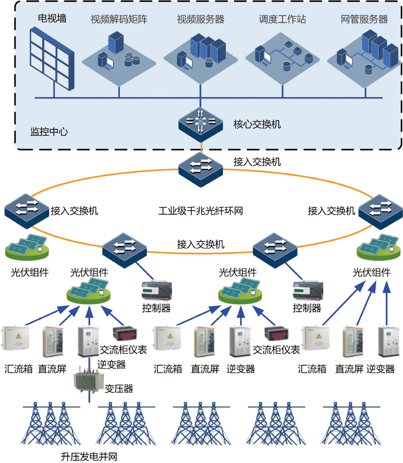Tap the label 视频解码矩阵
[119, 19]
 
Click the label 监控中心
[49, 132]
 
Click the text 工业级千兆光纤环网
[200, 211]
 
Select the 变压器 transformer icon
[88, 381]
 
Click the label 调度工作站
[282, 19]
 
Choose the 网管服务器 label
[364, 19]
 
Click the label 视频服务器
[200, 19]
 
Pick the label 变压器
[119, 389]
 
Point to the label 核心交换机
[257, 125]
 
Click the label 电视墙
[52, 18]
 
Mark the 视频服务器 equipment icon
[201, 54]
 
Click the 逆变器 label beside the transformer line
[112, 365]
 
